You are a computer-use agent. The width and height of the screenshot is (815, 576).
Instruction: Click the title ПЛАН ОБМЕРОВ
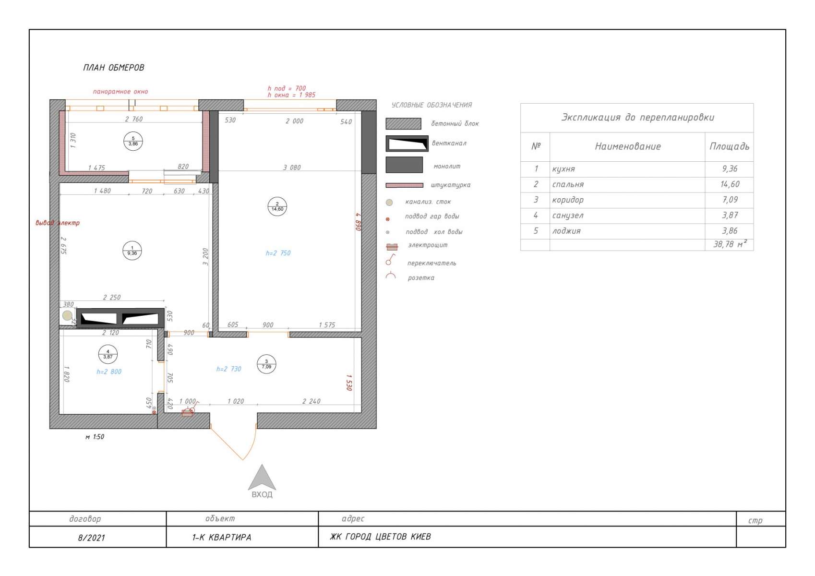(114, 68)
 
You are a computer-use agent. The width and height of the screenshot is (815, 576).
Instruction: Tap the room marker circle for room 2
(277, 207)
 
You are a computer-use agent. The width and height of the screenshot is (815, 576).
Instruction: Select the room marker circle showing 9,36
(132, 251)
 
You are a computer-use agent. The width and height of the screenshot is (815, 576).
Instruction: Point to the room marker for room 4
(108, 354)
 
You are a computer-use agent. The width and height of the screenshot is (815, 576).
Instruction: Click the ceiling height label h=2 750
(278, 253)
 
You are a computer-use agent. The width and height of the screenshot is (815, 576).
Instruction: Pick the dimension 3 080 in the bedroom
(292, 168)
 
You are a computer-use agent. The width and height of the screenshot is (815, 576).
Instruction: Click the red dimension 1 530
(349, 383)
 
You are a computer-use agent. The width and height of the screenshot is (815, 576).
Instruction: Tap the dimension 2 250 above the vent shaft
(112, 297)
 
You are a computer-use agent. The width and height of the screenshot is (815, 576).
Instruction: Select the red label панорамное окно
(120, 92)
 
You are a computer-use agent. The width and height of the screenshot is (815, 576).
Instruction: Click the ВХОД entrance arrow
(262, 478)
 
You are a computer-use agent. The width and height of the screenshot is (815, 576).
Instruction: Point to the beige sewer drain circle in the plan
(67, 315)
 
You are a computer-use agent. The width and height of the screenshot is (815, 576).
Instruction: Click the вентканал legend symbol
(407, 144)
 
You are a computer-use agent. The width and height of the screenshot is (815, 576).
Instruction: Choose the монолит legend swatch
(404, 165)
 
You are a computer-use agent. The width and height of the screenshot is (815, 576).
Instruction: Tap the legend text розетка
(421, 278)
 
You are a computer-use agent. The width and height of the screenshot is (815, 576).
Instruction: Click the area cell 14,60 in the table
(730, 184)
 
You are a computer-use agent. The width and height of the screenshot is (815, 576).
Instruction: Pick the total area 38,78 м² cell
(730, 244)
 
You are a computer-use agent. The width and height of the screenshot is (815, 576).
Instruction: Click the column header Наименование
(628, 146)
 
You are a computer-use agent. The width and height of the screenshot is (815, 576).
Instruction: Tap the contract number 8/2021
(91, 538)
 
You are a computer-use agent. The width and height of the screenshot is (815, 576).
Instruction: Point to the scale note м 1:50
(95, 437)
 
